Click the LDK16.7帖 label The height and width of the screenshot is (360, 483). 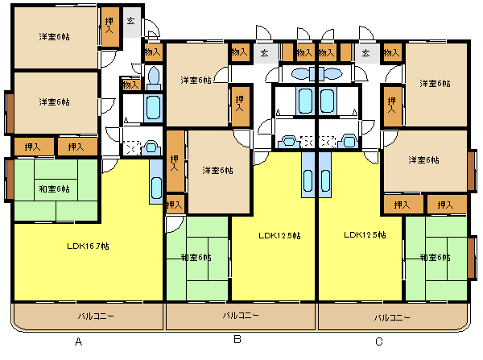88,246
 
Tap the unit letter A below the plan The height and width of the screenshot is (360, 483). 79,341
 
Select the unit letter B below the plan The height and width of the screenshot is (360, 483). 237,339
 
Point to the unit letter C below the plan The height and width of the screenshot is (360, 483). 379,341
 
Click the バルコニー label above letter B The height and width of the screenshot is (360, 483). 241,316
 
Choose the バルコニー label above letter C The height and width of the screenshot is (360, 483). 392,317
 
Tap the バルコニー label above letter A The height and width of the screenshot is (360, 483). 96,316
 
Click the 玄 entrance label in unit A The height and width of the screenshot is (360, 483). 131,21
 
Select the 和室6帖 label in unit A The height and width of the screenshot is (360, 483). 54,188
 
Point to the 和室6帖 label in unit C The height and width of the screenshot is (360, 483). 435,257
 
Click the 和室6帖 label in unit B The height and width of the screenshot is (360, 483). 196,257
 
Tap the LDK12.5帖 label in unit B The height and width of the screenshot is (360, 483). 279,236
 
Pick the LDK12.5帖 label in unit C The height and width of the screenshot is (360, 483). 365,235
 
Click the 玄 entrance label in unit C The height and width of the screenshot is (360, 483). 365,53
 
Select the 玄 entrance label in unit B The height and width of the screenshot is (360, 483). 264,53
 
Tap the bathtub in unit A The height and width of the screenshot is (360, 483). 153,107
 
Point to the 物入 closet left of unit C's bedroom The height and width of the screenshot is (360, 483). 391,52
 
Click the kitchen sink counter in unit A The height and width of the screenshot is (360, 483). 156,181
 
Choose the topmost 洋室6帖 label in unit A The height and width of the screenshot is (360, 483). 54,37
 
